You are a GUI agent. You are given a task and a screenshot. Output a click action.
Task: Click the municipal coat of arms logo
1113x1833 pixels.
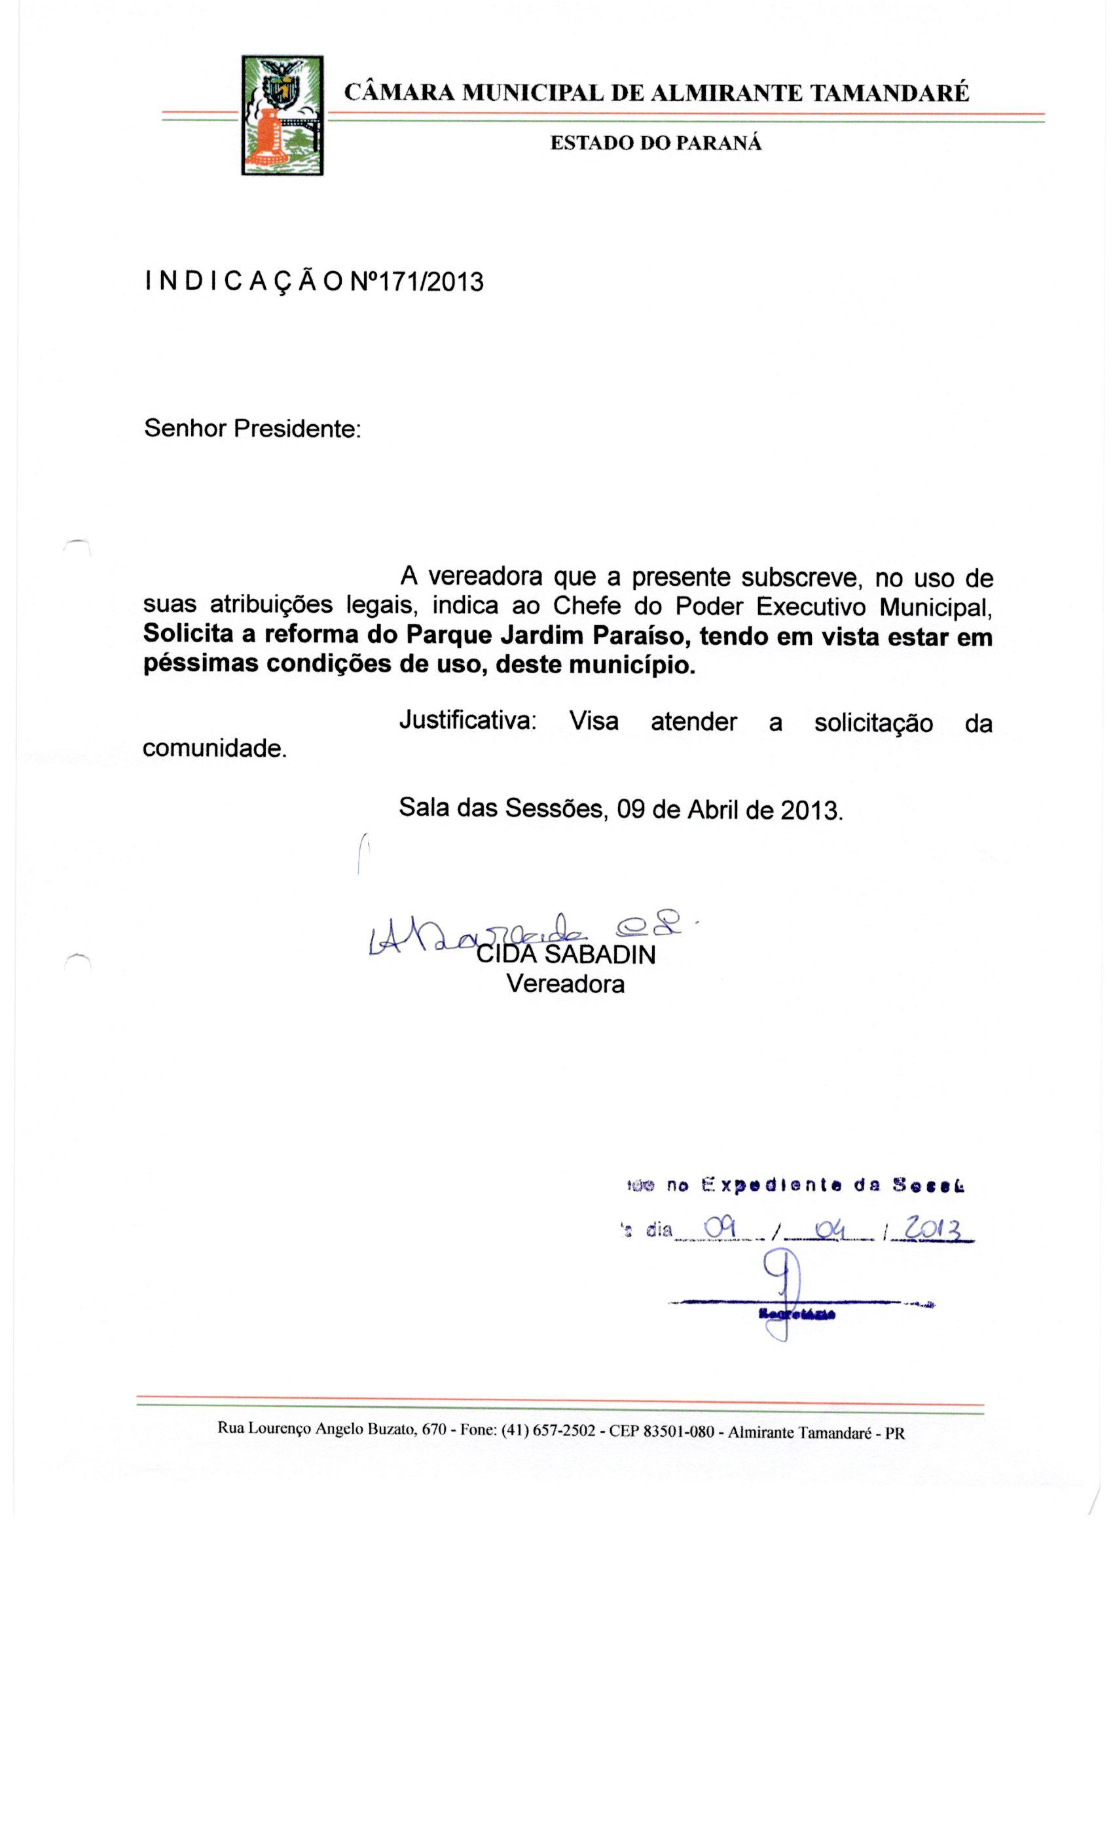pos(282,115)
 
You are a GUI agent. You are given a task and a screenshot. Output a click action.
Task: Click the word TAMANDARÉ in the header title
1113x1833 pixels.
pos(889,93)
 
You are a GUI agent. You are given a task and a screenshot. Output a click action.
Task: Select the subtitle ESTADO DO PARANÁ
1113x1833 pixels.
pos(655,143)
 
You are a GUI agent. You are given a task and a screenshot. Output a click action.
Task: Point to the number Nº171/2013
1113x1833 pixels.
pos(416,282)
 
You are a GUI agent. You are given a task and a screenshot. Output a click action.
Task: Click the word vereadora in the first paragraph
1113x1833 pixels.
pos(489,577)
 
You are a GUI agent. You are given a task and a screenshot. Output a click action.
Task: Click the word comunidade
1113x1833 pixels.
pos(214,748)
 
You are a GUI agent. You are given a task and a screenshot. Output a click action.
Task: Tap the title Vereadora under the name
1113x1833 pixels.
pos(566,984)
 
